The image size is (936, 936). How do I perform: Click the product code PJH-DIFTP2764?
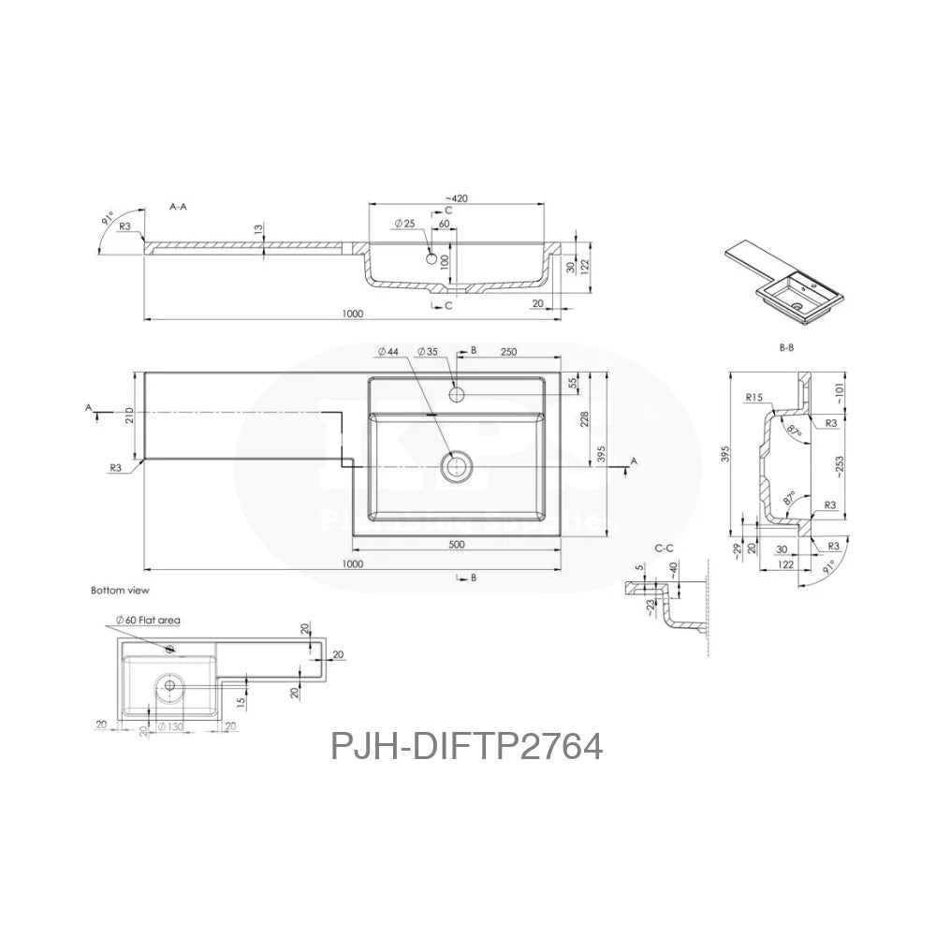[x=465, y=746]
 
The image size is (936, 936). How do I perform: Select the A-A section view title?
[x=178, y=205]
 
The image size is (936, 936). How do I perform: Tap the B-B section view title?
[x=786, y=348]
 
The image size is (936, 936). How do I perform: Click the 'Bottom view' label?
[x=120, y=591]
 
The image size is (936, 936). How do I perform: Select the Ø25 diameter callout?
[x=404, y=223]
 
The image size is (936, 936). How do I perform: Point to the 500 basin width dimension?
[x=457, y=544]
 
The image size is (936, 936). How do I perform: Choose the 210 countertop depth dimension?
[x=129, y=414]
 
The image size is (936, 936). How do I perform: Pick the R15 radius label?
[x=756, y=398]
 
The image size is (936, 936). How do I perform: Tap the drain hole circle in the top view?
[x=457, y=465]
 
